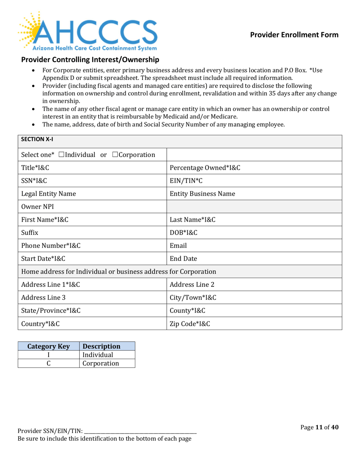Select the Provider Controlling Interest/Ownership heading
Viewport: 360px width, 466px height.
point(90,59)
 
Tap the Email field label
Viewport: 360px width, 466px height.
point(178,245)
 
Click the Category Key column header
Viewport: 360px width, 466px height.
point(48,346)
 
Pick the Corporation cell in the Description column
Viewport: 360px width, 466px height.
point(100,363)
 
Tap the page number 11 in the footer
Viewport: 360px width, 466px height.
point(319,427)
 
